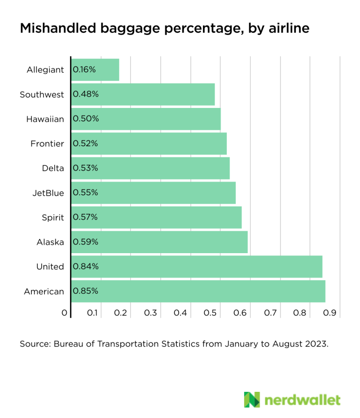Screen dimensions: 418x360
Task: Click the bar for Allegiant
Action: click(95, 70)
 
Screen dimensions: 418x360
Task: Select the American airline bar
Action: click(198, 291)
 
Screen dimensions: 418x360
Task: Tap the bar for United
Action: click(197, 266)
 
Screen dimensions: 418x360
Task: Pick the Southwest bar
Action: click(143, 94)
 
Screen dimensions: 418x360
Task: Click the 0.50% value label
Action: click(86, 119)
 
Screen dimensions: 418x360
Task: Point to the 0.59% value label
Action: click(86, 241)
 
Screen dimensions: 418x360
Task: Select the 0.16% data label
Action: click(84, 70)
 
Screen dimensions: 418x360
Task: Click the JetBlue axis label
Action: click(48, 192)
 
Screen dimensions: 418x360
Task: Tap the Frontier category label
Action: click(47, 143)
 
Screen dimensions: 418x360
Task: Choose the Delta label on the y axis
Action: click(53, 168)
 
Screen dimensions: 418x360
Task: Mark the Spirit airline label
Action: click(53, 217)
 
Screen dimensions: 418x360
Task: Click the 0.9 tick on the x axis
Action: click(330, 312)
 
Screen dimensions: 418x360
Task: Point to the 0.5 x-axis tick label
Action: click(210, 312)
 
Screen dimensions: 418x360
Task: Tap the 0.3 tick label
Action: click(151, 312)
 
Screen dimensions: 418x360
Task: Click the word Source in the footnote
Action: click(34, 344)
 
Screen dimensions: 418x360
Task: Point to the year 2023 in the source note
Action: click(315, 344)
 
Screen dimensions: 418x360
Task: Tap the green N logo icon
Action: click(252, 400)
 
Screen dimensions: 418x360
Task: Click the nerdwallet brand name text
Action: click(302, 400)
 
